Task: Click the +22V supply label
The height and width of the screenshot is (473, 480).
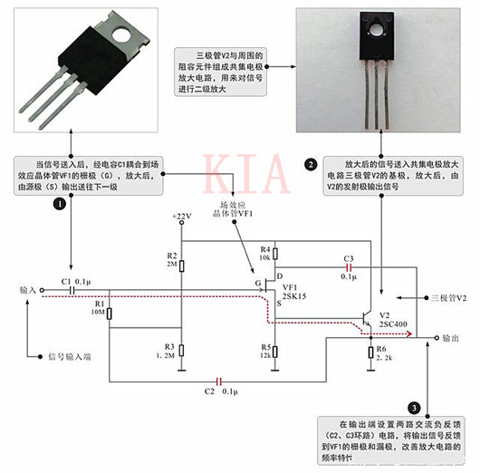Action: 182,216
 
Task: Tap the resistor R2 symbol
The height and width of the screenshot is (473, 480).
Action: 181,265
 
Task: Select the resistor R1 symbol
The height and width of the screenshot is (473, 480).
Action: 109,313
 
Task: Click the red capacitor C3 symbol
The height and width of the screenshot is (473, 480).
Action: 348,268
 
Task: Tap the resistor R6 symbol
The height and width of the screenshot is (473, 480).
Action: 371,352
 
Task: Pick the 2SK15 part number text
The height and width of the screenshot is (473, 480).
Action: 295,295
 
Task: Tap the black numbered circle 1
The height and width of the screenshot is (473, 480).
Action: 61,205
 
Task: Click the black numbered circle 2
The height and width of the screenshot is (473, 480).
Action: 311,164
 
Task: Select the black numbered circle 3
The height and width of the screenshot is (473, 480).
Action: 415,408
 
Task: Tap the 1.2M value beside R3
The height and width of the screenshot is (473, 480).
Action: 166,356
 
